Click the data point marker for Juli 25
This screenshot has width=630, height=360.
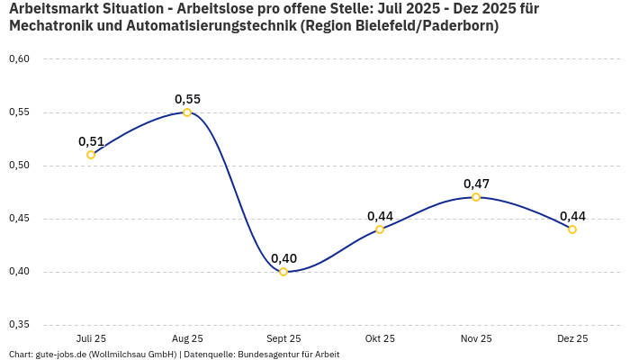coord(91,155)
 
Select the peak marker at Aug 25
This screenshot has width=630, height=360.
coord(187,112)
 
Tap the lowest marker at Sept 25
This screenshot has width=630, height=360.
coord(283,272)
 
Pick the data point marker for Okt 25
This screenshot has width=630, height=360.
coord(380,229)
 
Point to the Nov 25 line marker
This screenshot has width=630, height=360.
coord(476,197)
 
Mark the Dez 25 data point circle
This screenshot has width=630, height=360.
coord(572,229)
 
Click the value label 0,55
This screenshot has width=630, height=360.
coord(187,99)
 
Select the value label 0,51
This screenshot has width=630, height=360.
coord(91,141)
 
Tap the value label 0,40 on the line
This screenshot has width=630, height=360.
coord(283,258)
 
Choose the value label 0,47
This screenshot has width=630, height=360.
coord(476,184)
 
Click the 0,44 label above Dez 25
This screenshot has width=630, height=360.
coord(572,216)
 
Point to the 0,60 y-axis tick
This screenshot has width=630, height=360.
coord(19,59)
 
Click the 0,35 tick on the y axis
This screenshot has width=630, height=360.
coord(19,325)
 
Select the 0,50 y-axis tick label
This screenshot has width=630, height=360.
coord(19,166)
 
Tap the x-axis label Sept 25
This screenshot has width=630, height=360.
coord(283,339)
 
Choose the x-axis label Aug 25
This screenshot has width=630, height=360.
coord(187,339)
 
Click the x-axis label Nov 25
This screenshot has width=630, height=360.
coord(476,339)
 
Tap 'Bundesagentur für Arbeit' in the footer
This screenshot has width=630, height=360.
coord(288,355)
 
